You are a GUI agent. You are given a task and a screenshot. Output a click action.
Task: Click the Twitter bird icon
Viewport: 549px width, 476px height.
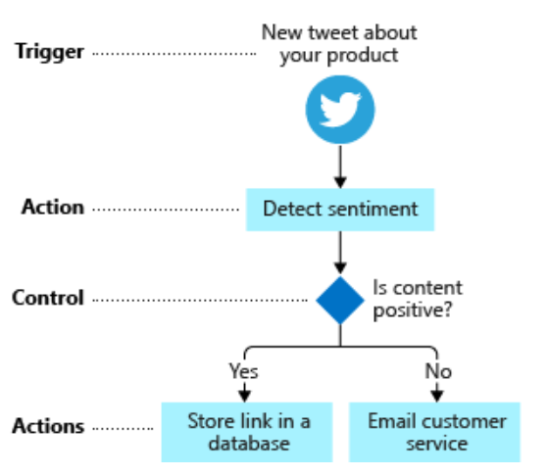(340, 110)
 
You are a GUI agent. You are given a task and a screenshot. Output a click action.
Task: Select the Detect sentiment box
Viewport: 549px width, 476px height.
(340, 210)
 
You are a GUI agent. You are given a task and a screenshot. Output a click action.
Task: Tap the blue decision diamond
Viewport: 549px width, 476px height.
(340, 300)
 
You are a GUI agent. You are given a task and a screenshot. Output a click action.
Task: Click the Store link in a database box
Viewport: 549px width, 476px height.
(247, 432)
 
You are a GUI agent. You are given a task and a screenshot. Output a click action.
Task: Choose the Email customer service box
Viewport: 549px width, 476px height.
(434, 432)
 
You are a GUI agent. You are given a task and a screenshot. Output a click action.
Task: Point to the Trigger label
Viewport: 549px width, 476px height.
(49, 53)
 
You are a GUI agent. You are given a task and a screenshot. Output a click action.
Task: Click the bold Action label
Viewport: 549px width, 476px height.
(53, 207)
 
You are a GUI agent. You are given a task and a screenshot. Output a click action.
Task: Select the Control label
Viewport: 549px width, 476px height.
(48, 298)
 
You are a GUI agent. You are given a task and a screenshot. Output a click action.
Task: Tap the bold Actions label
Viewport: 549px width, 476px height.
(48, 426)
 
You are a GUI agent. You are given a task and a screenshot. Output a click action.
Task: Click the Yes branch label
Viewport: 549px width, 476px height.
(244, 371)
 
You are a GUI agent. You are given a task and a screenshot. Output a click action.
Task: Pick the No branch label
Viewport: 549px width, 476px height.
(438, 371)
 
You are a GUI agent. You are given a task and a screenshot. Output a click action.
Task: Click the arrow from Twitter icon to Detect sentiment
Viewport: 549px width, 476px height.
(340, 167)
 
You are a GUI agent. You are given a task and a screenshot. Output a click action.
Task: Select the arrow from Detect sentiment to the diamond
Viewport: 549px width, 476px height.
(340, 253)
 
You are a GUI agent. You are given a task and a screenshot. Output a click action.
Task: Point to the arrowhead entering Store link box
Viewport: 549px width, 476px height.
(244, 397)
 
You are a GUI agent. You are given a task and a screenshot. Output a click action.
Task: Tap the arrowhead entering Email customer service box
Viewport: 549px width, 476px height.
(436, 397)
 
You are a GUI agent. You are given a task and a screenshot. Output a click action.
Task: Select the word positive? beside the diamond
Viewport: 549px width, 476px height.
(413, 310)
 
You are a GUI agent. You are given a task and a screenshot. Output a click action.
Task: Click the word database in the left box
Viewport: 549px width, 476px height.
(249, 443)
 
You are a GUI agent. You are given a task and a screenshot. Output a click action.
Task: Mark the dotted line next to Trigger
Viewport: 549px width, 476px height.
(175, 54)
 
